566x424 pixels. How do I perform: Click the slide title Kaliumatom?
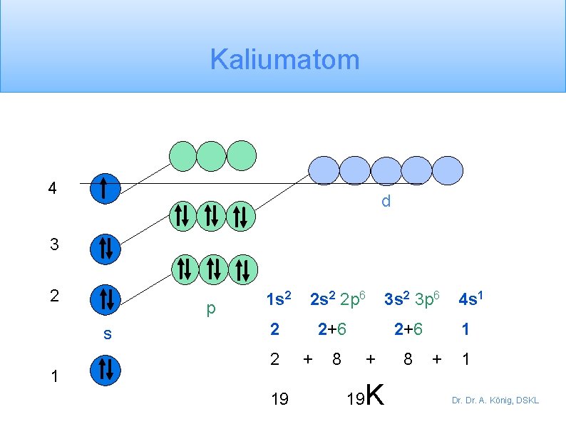[x=284, y=60]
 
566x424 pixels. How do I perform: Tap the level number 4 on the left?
[x=52, y=189]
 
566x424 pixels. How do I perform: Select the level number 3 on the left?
[x=54, y=245]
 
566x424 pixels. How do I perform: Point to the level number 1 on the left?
[x=54, y=377]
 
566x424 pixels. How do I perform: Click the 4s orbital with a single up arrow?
[x=105, y=189]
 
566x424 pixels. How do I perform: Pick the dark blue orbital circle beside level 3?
[x=105, y=249]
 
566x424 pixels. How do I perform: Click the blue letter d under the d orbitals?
[x=386, y=202]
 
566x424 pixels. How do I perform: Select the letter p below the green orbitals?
[x=210, y=309]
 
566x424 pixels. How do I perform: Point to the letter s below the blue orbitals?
[x=107, y=333]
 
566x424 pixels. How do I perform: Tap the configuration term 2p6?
[x=354, y=299]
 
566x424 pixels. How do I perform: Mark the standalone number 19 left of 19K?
[x=280, y=399]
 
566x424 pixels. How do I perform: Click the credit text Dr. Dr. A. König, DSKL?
[x=495, y=400]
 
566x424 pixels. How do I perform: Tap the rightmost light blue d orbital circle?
[x=448, y=170]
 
